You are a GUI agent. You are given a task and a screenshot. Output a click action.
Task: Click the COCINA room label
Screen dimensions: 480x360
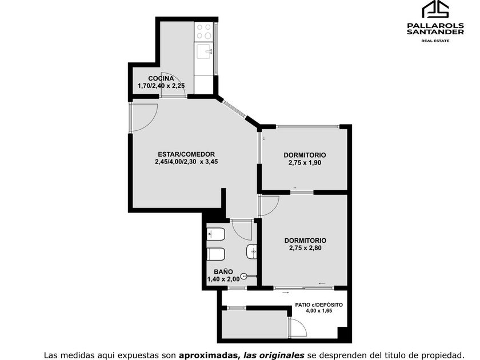pyautogui.click(x=161, y=78)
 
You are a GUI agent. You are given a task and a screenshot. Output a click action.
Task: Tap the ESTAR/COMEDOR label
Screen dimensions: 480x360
pyautogui.click(x=186, y=154)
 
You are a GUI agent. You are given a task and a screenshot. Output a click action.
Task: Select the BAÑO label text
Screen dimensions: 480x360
pyautogui.click(x=223, y=271)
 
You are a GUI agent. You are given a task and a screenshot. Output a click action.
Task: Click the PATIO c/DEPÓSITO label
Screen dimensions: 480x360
pyautogui.click(x=319, y=305)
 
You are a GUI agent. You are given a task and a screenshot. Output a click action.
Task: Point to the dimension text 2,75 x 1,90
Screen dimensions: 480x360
pyautogui.click(x=305, y=163)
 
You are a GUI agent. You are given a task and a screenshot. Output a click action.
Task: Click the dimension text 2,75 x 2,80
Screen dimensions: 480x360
pyautogui.click(x=305, y=248)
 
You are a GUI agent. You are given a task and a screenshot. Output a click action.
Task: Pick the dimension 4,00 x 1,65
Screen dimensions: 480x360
pyautogui.click(x=319, y=311)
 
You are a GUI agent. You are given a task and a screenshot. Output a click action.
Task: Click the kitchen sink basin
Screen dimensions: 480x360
pyautogui.click(x=204, y=51)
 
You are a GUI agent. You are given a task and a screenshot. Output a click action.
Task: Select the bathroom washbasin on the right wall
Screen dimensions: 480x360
pyautogui.click(x=251, y=252)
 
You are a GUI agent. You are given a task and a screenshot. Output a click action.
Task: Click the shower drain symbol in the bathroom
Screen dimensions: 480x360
pyautogui.click(x=243, y=277)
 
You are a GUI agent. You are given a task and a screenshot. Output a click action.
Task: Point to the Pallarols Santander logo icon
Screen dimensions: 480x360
pyautogui.click(x=435, y=9)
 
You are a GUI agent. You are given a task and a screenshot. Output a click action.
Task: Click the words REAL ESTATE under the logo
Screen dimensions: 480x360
pyautogui.click(x=435, y=41)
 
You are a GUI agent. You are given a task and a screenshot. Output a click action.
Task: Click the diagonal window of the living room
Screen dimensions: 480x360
pyautogui.click(x=234, y=109)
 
